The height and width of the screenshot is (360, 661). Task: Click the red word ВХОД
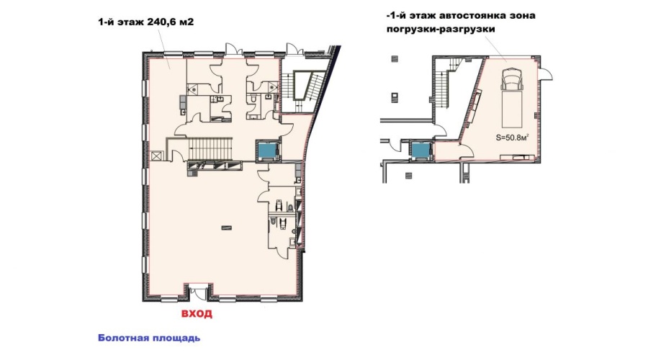tap(197, 314)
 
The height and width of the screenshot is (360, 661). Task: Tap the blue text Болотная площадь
tap(149, 338)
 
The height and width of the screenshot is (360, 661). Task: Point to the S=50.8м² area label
tap(512, 137)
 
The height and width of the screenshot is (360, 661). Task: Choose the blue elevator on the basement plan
tap(421, 150)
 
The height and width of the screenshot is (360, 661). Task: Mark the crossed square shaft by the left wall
tap(156, 156)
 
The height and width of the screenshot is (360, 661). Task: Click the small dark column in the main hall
tap(226, 228)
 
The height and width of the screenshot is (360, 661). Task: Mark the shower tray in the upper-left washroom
tap(192, 89)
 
